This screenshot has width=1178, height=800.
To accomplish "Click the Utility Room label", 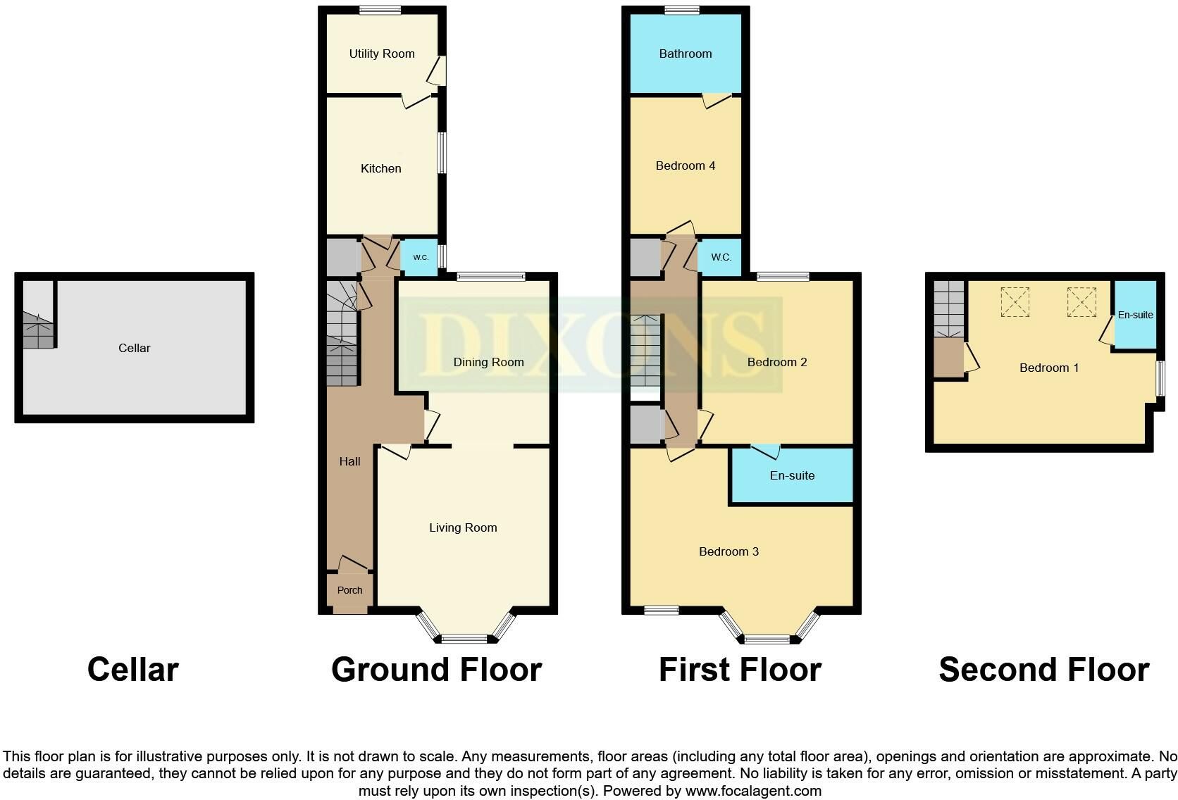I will tap(382, 54).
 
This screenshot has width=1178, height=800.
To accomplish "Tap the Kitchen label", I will tap(381, 168).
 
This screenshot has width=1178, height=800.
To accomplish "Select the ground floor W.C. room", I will tap(421, 257).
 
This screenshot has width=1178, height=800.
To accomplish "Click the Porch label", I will tap(349, 590).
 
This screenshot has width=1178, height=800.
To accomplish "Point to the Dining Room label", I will tap(488, 362).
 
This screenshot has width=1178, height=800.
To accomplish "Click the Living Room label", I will tap(463, 527).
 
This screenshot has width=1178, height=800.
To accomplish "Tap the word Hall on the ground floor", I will tap(349, 461).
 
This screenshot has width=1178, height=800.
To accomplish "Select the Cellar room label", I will tap(135, 348).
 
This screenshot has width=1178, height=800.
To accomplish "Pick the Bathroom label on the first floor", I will tap(686, 54).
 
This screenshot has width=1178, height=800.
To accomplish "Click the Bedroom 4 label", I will tap(686, 165).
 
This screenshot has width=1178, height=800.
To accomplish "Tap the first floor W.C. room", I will tap(721, 257).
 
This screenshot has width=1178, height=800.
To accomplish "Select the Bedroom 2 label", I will tap(777, 362).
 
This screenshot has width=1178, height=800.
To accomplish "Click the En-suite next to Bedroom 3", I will tap(792, 475).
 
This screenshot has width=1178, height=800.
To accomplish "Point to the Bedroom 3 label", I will tap(728, 551).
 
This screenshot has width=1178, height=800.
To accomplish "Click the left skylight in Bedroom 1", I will tap(1015, 302).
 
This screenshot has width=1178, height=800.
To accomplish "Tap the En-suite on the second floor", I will tap(1135, 315).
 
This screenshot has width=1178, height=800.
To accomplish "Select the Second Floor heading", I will tap(1043, 669).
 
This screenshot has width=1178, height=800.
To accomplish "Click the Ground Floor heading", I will tap(436, 669).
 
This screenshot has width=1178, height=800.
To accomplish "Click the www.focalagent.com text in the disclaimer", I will tap(753, 791).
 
